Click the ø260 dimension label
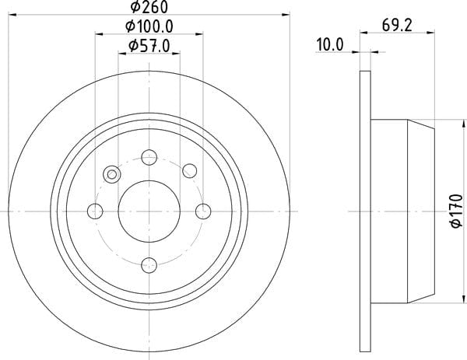149,6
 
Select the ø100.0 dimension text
149,26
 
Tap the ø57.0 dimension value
149,46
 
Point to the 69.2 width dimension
397,26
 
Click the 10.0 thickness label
330,44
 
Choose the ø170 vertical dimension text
457,211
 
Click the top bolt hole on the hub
149,157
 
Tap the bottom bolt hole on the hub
149,265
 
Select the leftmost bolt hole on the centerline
95,211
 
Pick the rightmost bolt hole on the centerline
203,211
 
